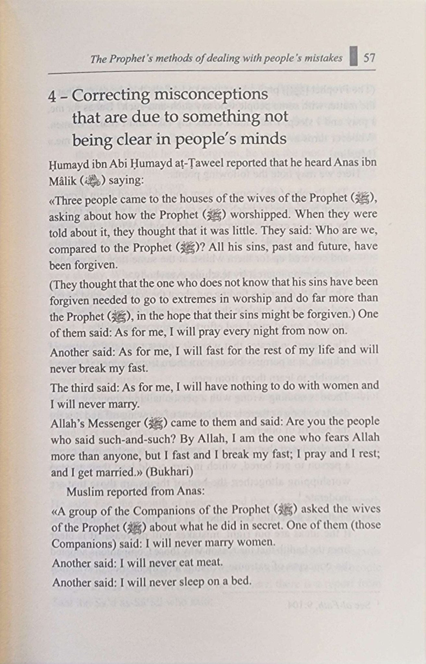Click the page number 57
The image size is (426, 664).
(x=369, y=58)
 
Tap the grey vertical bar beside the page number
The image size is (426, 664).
(x=354, y=56)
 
